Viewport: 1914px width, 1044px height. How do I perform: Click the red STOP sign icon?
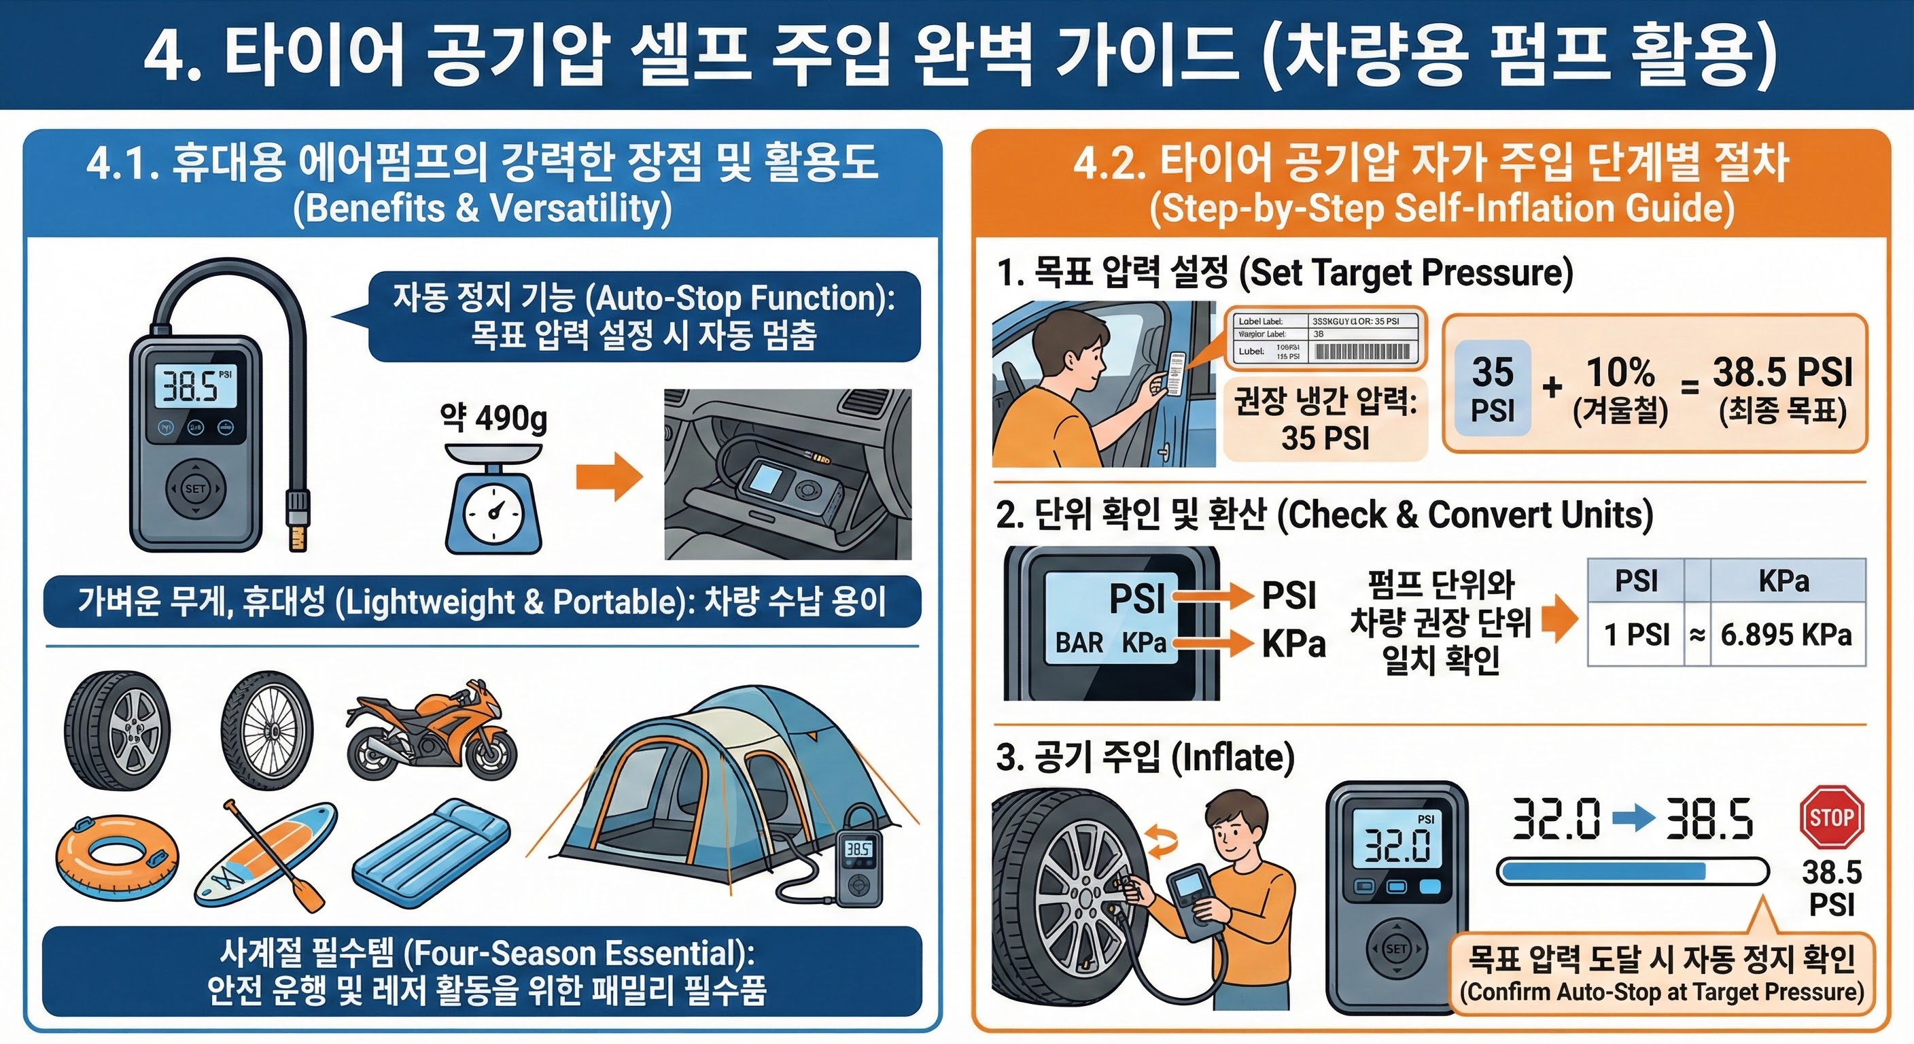coord(1832,816)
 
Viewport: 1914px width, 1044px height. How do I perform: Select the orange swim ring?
coord(117,858)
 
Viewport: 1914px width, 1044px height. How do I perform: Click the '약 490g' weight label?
coord(493,417)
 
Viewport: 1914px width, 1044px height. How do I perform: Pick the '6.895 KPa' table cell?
coord(1786,635)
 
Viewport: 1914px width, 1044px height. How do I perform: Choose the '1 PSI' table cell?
coord(1637,635)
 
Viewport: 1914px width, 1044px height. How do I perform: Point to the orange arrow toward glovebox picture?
coord(608,476)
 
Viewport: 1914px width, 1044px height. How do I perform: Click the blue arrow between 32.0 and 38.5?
coord(1633,818)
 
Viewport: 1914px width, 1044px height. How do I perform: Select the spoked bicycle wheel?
coord(268,730)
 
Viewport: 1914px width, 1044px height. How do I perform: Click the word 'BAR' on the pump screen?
coord(1079,643)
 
